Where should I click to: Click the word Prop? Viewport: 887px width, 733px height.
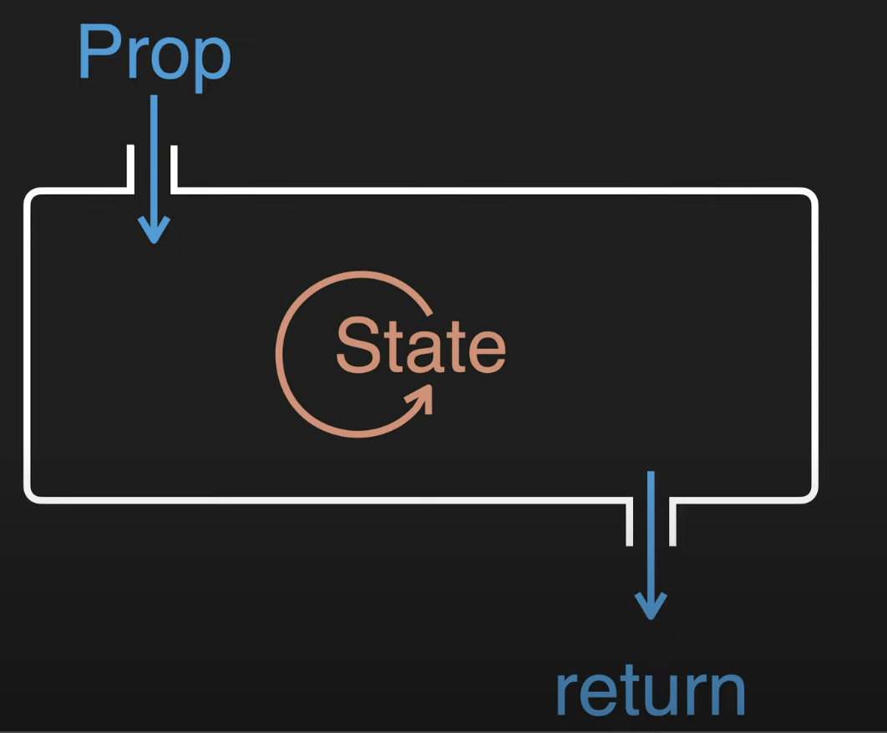pyautogui.click(x=154, y=53)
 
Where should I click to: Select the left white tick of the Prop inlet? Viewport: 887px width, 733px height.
pyautogui.click(x=130, y=168)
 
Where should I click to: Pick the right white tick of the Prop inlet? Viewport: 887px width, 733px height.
pyautogui.click(x=175, y=168)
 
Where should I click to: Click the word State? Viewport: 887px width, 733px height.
pyautogui.click(x=420, y=346)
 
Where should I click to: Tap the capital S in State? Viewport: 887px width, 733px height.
pyautogui.click(x=353, y=346)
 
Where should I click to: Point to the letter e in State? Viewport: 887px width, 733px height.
pyautogui.click(x=487, y=351)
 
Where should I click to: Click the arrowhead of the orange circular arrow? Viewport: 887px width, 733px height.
pyautogui.click(x=421, y=398)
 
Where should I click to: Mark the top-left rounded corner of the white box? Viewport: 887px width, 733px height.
pyautogui.click(x=33, y=198)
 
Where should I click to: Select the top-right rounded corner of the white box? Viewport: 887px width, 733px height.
pyautogui.click(x=808, y=199)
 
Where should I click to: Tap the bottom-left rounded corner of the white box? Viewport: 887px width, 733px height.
pyautogui.click(x=33, y=493)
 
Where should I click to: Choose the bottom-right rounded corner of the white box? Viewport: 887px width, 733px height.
pyautogui.click(x=808, y=493)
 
